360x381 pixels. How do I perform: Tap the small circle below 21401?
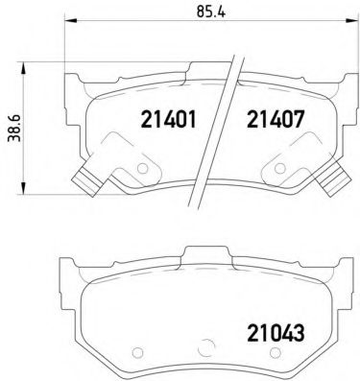144,168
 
